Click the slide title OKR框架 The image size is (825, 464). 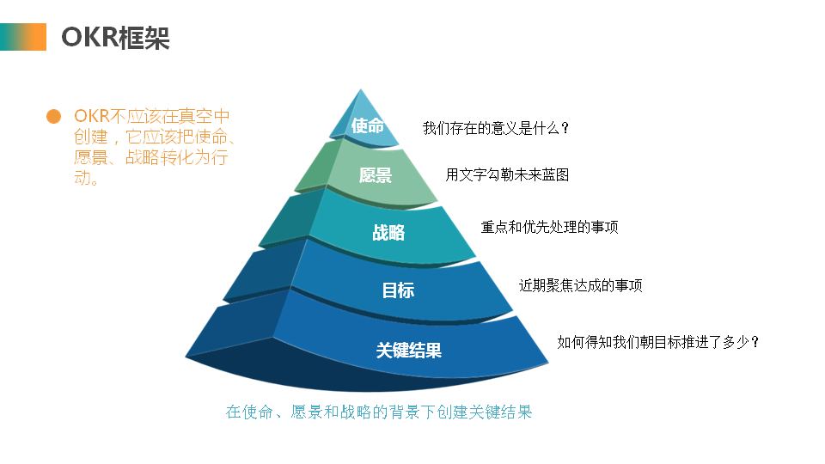pos(115,38)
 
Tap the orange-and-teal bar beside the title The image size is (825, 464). pos(22,37)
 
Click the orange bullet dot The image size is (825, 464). pos(53,116)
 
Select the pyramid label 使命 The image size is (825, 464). pos(367,125)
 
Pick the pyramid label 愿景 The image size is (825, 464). pos(376,176)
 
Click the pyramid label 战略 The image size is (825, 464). pos(388,233)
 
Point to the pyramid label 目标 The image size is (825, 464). pos(398,290)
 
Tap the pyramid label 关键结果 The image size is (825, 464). pos(409,350)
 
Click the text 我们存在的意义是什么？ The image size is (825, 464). pos(497,128)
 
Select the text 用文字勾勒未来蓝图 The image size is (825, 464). pos(507,175)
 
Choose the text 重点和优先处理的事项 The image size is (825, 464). pos(549,228)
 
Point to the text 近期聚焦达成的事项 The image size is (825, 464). pos(580,285)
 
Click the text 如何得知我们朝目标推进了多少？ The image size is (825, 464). pos(658,342)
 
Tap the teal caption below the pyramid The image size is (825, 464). pos(379,412)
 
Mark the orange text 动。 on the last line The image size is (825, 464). pos(87,179)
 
